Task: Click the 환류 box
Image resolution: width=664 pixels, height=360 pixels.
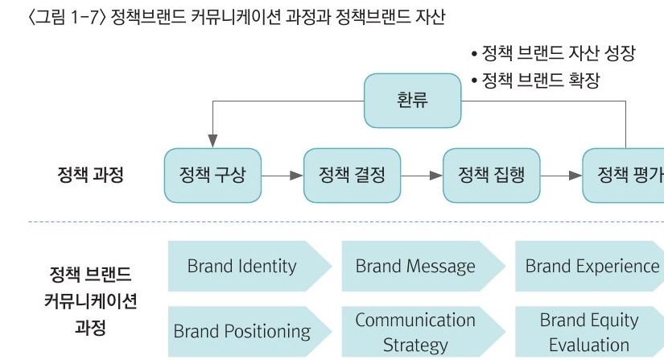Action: [412, 101]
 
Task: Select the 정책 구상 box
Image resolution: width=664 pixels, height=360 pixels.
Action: [212, 176]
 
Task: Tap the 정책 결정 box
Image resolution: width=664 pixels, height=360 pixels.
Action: [352, 176]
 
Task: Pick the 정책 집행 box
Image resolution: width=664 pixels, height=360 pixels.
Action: [491, 176]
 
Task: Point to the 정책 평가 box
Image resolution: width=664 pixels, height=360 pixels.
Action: [623, 176]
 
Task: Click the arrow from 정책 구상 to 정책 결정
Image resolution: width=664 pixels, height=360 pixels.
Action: [283, 176]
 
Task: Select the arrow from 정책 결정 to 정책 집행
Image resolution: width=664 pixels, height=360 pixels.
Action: [422, 176]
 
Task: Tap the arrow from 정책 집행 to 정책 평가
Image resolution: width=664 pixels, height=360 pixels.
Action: [561, 176]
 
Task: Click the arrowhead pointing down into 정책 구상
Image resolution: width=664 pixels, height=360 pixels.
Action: [212, 141]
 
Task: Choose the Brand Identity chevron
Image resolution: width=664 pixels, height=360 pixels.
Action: [250, 266]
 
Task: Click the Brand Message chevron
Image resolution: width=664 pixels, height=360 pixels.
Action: [423, 266]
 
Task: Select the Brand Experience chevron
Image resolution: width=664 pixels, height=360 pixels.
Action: [589, 266]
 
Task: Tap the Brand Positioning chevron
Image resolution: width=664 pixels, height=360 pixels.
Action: [250, 331]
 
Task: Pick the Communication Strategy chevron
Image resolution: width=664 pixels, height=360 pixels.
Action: [423, 331]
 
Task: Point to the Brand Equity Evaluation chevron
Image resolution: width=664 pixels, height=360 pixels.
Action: [589, 331]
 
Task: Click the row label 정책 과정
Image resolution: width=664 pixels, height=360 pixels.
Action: [90, 175]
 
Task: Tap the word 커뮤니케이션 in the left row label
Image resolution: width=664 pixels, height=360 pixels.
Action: [90, 301]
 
